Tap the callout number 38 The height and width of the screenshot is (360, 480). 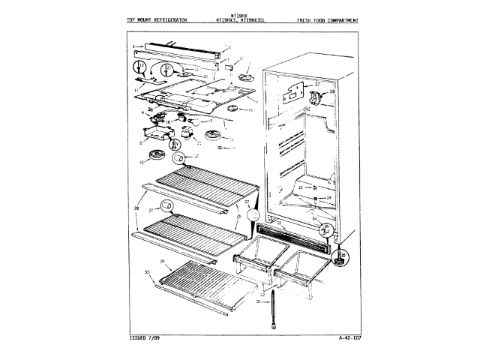pyautogui.click(x=333, y=91)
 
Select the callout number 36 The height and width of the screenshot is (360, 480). pyautogui.click(x=149, y=109)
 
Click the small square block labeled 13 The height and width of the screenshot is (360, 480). pyautogui.click(x=223, y=66)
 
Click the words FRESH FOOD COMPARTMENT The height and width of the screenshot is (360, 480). pyautogui.click(x=327, y=18)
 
